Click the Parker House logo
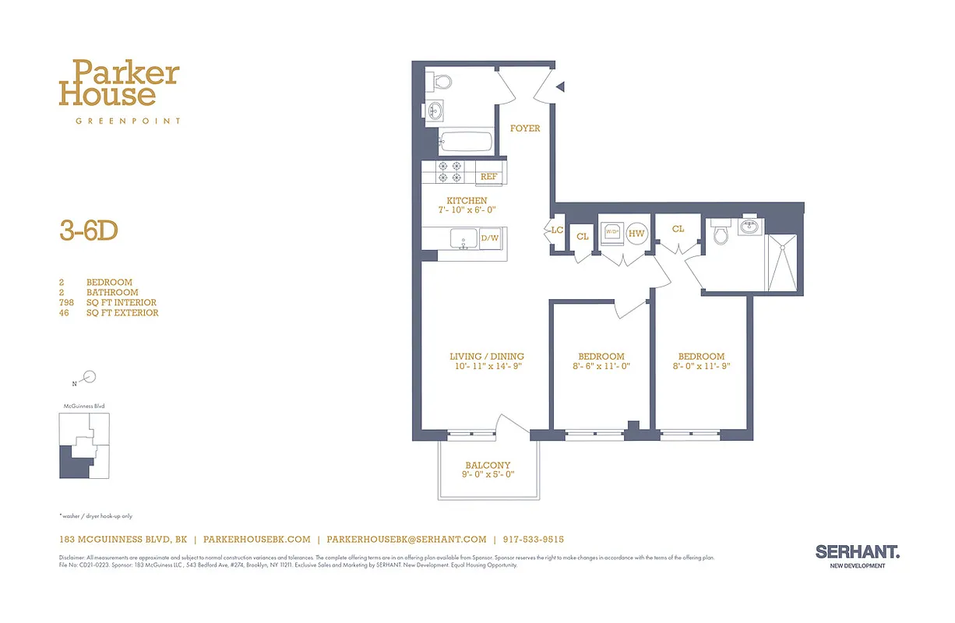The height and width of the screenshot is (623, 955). [119, 85]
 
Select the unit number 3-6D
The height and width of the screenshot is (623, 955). [88, 231]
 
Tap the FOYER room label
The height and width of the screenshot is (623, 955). [524, 128]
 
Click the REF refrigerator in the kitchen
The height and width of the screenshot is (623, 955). [488, 177]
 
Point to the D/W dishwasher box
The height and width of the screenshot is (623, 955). [489, 238]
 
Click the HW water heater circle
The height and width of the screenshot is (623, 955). [636, 233]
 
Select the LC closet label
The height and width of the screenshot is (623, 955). [557, 231]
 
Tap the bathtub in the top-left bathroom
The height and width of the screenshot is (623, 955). [465, 142]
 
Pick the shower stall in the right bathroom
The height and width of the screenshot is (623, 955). [782, 261]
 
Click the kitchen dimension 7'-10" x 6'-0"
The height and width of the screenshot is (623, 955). [467, 210]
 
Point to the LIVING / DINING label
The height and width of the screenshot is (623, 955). [486, 357]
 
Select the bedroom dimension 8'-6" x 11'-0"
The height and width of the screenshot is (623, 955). [601, 366]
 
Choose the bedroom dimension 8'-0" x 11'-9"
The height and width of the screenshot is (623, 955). [701, 366]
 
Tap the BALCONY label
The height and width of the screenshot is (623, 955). [488, 465]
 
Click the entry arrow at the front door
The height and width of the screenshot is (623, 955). [560, 86]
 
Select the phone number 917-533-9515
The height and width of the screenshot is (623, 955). [533, 539]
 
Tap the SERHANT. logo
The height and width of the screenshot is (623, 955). [857, 552]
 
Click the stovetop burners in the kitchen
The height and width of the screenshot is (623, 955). [450, 171]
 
